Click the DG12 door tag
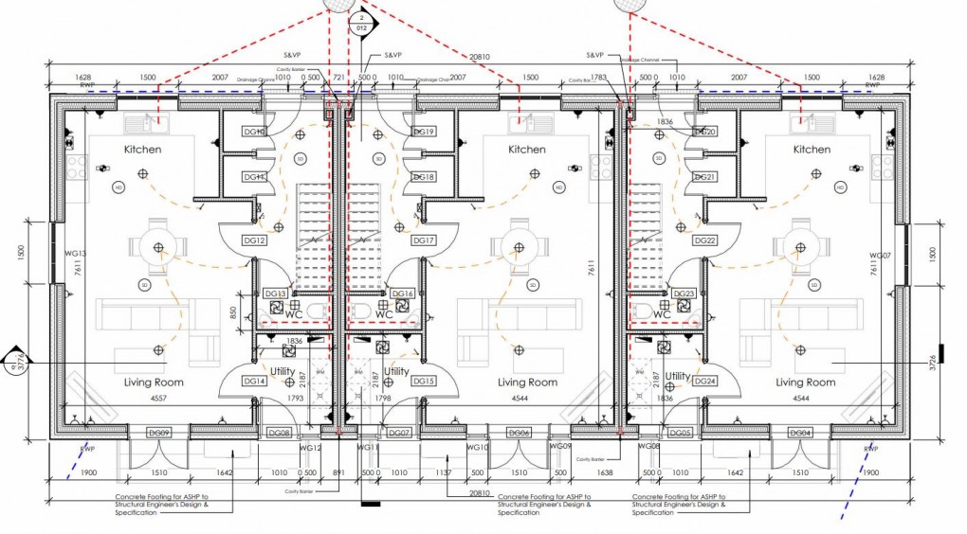256,240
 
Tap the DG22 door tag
704,240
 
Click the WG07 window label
881,257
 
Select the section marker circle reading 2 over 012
361,23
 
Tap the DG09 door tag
158,433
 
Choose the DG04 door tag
801,433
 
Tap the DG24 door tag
704,381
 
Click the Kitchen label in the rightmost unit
811,150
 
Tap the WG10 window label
479,446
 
